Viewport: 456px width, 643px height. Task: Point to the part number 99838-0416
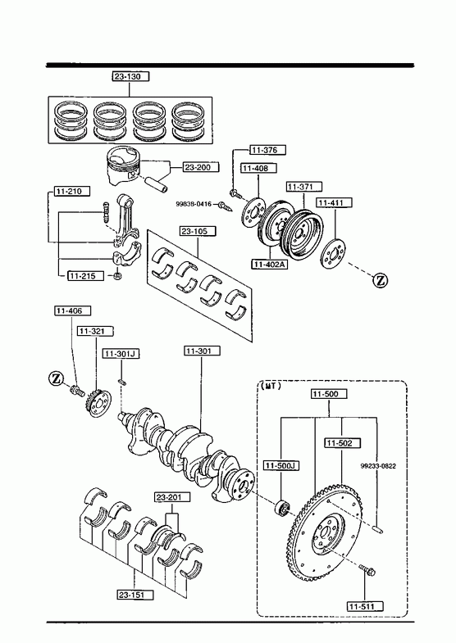tap(194, 203)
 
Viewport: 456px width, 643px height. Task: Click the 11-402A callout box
tap(270, 264)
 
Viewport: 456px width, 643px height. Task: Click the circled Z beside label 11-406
tap(57, 378)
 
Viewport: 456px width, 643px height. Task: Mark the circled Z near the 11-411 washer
tap(381, 280)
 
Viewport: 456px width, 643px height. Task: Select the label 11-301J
tap(121, 354)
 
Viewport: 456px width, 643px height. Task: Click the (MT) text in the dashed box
tap(271, 386)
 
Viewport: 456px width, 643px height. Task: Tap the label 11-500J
tap(281, 465)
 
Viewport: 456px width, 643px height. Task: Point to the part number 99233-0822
tap(378, 466)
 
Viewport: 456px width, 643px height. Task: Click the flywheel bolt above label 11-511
tap(367, 570)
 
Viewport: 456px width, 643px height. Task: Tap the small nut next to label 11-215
tap(117, 275)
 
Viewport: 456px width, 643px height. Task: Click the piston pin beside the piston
tap(156, 184)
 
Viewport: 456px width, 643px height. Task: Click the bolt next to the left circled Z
tap(77, 390)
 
